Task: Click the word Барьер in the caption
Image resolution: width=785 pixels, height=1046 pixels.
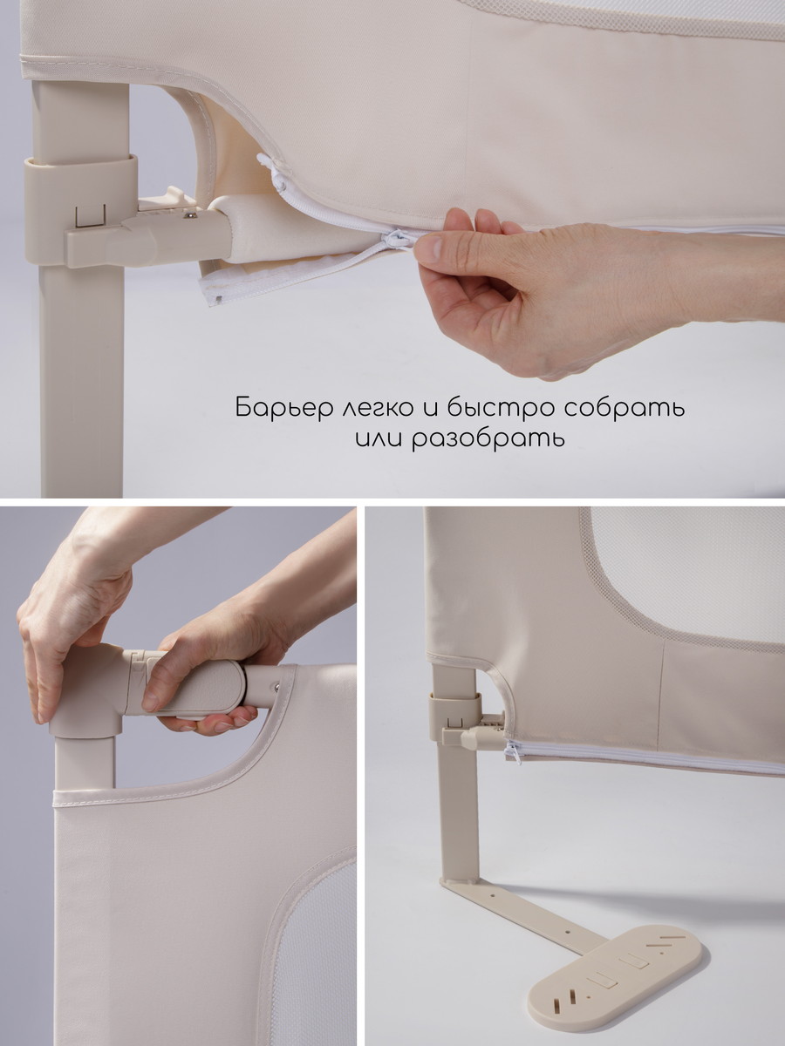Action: tap(283, 408)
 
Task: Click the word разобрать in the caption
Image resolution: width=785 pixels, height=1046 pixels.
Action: tap(488, 438)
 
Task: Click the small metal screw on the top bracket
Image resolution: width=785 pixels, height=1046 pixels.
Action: tap(191, 215)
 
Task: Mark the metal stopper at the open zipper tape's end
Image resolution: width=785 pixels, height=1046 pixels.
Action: tap(218, 299)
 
